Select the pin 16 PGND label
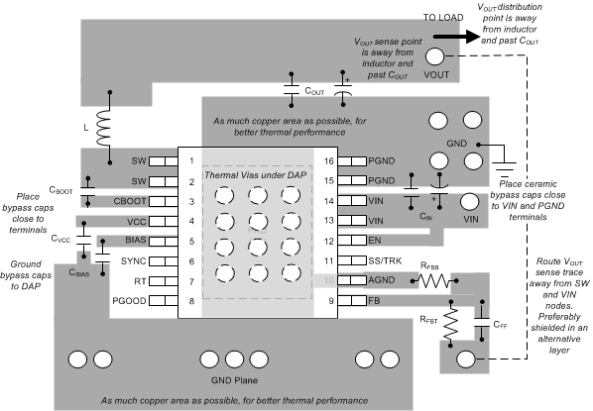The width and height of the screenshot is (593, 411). [354, 159]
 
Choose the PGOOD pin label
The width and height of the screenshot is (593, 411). [132, 300]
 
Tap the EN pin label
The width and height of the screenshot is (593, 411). [346, 240]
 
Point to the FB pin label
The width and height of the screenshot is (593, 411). [346, 300]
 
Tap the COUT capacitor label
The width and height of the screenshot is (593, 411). [314, 90]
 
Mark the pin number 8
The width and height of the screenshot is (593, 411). [189, 300]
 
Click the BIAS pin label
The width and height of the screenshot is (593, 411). [136, 240]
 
